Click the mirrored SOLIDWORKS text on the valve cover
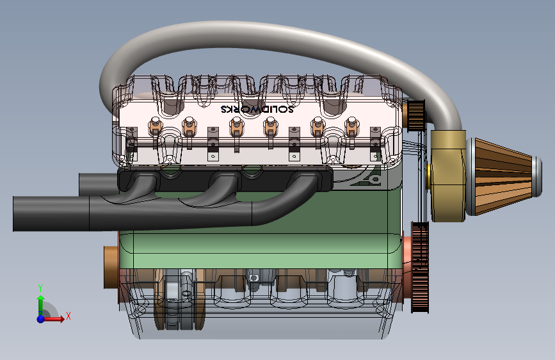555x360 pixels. (257, 109)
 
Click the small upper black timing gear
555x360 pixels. (416, 115)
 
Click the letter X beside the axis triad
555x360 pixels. (68, 316)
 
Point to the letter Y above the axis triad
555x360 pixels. (40, 288)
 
